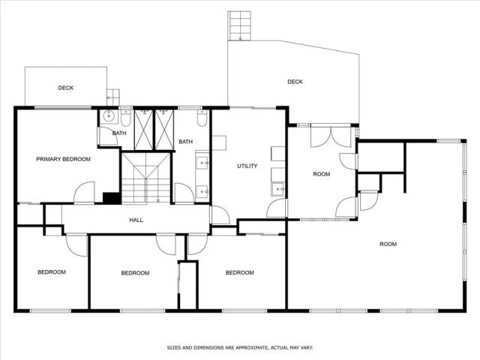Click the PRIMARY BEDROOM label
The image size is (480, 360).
tap(64, 159)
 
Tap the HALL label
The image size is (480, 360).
tap(136, 220)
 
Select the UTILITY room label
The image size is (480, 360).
tap(247, 165)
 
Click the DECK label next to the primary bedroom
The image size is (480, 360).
tap(66, 88)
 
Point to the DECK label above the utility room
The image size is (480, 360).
tap(295, 82)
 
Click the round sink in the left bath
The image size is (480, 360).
tap(109, 116)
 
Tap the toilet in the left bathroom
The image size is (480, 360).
tap(126, 118)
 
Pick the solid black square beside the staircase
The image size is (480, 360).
tap(111, 198)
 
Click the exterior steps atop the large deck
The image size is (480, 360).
tap(241, 25)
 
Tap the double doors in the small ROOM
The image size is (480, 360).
tap(331, 136)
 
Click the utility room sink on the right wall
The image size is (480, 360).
tap(277, 189)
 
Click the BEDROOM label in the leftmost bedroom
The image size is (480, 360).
tap(52, 271)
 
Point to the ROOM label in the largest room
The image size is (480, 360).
tap(388, 244)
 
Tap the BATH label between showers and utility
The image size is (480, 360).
tap(185, 142)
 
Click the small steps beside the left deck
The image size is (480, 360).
tap(113, 96)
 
